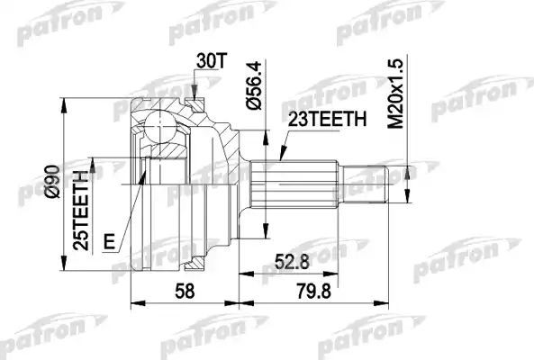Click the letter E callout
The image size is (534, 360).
point(109,241)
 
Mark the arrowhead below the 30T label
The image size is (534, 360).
point(194,93)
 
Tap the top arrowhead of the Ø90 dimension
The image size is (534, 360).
point(63,102)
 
